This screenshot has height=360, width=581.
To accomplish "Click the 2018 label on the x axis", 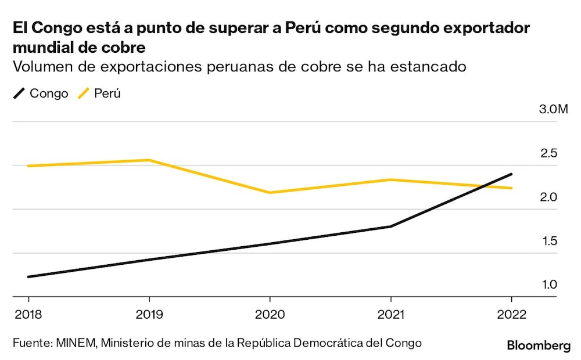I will [x=28, y=314].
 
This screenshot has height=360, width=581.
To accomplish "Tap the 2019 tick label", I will [x=149, y=314].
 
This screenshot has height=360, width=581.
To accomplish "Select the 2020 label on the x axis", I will [x=270, y=314].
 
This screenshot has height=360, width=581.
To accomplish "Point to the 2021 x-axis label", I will [x=391, y=314].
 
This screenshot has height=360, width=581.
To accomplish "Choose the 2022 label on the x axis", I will [x=511, y=314].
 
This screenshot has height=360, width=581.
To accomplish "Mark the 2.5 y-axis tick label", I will [x=549, y=153].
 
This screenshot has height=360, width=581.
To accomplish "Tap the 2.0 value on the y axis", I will [x=549, y=197].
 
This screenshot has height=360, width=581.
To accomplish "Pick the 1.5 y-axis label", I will [x=549, y=241].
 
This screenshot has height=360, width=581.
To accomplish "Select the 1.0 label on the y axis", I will [x=549, y=285].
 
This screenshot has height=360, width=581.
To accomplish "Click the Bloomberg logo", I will [x=539, y=346].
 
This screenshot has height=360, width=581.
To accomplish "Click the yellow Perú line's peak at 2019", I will [x=149, y=160].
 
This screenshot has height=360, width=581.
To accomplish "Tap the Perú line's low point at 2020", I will [x=270, y=192].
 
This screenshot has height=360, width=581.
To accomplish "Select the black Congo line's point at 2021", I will [x=391, y=226].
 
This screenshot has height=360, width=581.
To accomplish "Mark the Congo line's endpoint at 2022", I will [x=511, y=174].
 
